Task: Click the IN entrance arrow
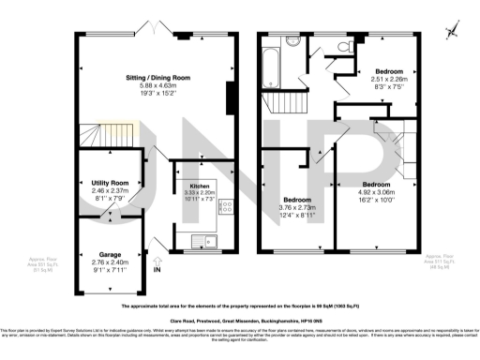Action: point(157,270)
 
